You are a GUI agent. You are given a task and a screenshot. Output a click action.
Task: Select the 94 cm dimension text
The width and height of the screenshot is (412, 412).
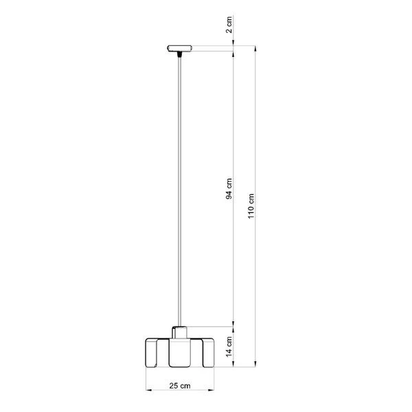point(230,188)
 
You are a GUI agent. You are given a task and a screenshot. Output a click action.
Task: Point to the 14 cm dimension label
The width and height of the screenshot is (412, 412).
point(230,344)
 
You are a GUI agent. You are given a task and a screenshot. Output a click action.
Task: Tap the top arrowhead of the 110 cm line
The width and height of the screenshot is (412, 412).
point(256,49)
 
